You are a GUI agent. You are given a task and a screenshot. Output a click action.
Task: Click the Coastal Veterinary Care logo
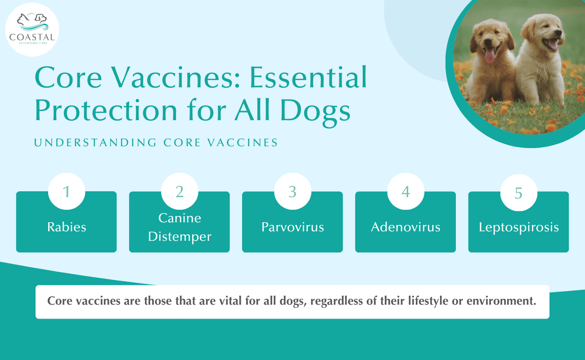click(32, 30)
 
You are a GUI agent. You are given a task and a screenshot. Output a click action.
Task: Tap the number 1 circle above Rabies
click(67, 191)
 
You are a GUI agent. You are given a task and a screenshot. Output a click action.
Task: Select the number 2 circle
click(180, 191)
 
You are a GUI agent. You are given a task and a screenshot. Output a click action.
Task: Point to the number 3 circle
click(293, 191)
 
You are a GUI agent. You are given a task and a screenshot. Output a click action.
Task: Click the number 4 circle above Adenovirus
click(406, 191)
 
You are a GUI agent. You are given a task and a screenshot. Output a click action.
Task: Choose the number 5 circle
click(519, 193)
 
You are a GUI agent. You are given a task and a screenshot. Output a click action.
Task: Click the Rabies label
click(67, 227)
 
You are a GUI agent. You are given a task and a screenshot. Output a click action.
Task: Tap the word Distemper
click(180, 237)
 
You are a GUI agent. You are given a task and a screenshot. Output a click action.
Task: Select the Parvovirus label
click(293, 227)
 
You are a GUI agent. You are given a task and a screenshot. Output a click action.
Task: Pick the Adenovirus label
click(405, 227)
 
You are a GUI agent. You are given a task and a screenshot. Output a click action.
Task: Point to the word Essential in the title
click(308, 77)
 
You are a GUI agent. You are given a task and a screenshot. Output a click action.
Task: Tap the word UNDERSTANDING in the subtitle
click(95, 143)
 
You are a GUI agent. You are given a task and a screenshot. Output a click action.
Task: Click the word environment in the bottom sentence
click(501, 301)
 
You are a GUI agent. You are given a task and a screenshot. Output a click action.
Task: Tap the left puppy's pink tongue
click(490, 56)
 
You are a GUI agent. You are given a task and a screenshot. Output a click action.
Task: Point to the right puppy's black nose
click(558, 32)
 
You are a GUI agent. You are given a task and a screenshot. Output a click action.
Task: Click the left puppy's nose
click(488, 41)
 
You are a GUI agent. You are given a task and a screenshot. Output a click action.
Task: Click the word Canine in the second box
click(180, 218)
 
